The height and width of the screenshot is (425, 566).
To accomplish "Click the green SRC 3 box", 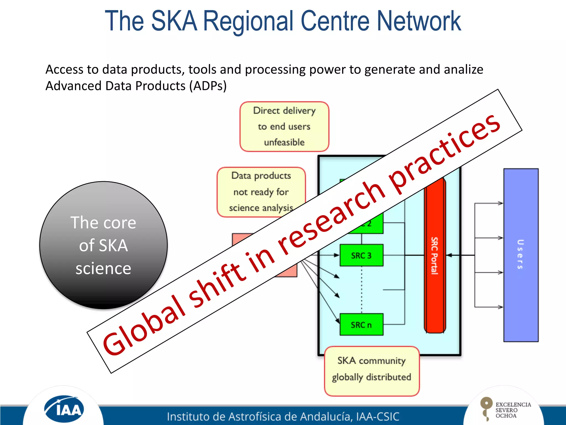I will coord(361,255).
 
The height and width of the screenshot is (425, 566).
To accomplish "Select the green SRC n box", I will coord(361,324).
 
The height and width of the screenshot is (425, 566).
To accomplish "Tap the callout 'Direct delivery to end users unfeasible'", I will coord(284,126).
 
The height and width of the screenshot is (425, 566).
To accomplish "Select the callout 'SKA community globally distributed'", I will coord(371,371).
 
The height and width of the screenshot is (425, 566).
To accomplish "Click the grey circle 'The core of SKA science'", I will coord(103,245).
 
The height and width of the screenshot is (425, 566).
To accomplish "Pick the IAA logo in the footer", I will coord(64,409).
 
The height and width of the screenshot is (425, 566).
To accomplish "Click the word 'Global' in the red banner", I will coord(144,326).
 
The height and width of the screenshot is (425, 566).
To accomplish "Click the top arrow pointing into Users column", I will coord(500,203).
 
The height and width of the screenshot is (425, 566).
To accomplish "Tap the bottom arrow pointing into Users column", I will coord(500,307).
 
